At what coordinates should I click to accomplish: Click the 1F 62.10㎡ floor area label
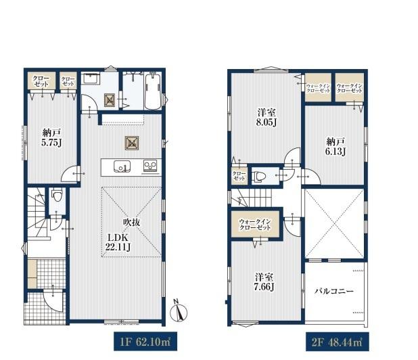pyautogui.click(x=145, y=342)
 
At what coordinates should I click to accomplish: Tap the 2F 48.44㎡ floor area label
pyautogui.click(x=338, y=342)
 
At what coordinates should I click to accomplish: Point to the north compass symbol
pyautogui.click(x=179, y=311)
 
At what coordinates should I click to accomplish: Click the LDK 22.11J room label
pyautogui.click(x=118, y=242)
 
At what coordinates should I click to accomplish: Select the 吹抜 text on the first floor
pyautogui.click(x=132, y=222)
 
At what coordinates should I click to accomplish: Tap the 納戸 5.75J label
pyautogui.click(x=52, y=137)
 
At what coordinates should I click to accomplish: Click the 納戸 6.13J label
pyautogui.click(x=335, y=146)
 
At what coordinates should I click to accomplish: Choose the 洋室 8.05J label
pyautogui.click(x=266, y=117)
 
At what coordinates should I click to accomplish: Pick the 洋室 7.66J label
pyautogui.click(x=264, y=282)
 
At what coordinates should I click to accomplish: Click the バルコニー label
pyautogui.click(x=334, y=291)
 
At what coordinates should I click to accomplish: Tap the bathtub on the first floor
pyautogui.click(x=153, y=91)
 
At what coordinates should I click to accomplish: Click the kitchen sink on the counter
pyautogui.click(x=122, y=166)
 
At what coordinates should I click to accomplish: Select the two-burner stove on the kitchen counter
pyautogui.click(x=150, y=166)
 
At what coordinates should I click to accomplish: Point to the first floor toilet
pyautogui.click(x=57, y=195)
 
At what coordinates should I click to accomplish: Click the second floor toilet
pyautogui.click(x=259, y=176)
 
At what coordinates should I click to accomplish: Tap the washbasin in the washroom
pyautogui.click(x=91, y=78)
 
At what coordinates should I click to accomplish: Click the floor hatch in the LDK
pyautogui.click(x=132, y=143)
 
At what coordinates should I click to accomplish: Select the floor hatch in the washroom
pyautogui.click(x=110, y=100)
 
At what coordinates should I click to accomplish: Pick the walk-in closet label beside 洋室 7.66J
pyautogui.click(x=255, y=225)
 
